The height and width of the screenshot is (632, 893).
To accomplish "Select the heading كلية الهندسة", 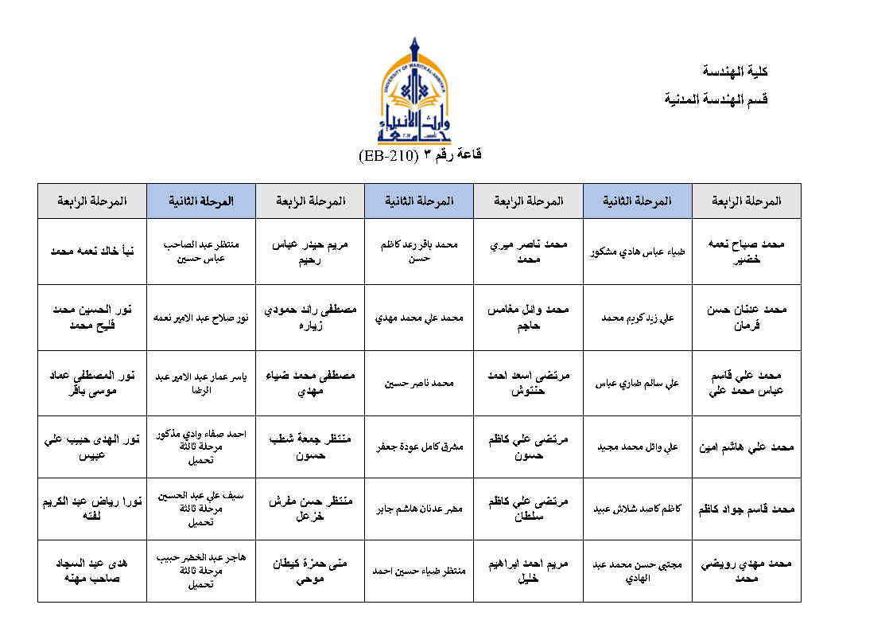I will point(736,72).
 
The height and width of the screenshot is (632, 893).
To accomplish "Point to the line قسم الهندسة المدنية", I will point(716,99).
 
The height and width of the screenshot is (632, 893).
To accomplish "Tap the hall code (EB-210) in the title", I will point(385,154).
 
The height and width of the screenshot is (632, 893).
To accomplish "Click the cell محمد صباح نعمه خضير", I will point(746,251).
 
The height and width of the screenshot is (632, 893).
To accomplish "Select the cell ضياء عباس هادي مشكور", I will point(638,252).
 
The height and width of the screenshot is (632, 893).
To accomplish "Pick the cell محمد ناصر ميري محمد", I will point(527,251).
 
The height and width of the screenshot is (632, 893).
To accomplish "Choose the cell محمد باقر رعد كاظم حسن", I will point(418,252).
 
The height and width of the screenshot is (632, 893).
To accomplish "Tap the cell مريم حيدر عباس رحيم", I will point(309,251).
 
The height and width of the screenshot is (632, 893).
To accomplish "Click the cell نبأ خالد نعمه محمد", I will point(91,251).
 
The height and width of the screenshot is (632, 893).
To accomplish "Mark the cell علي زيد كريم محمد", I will point(638,318).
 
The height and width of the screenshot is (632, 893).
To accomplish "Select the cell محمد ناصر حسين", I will point(418,383).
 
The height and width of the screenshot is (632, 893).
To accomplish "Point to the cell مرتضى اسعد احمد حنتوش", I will point(527,383).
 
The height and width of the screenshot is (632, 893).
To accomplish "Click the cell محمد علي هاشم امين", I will point(746,447).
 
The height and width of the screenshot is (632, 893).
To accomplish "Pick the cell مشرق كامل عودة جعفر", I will point(418,447).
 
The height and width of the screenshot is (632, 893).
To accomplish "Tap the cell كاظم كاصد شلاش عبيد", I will point(638,509).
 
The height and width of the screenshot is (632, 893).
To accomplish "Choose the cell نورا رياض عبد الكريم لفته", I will point(91,509).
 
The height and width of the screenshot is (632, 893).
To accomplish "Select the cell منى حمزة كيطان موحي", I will point(309,570).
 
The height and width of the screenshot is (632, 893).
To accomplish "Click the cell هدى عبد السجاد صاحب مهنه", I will point(91,570).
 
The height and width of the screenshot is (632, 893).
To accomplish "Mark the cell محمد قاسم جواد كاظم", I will point(746,509).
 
